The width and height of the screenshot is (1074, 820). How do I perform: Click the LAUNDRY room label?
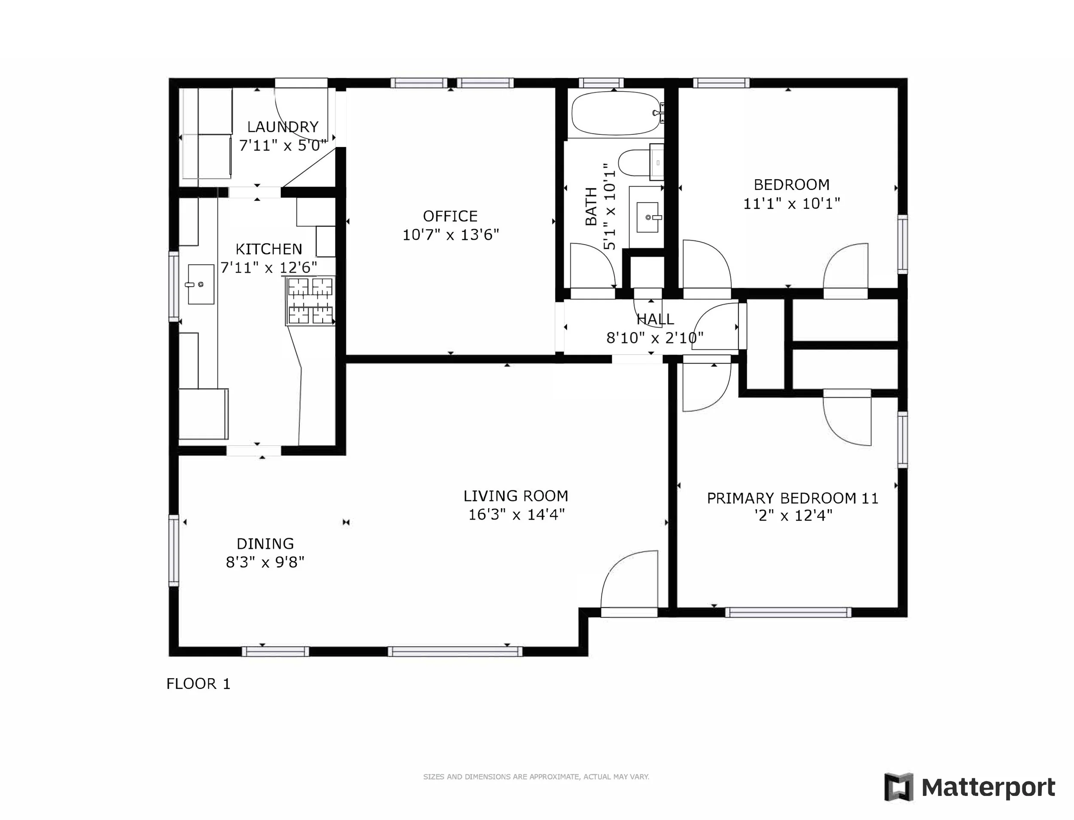coord(283,127)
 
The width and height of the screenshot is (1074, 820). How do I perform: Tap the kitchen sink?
coord(201,285)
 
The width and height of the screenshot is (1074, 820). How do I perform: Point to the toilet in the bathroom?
coord(635,162)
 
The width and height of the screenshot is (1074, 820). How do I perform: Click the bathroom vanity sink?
coord(647,217)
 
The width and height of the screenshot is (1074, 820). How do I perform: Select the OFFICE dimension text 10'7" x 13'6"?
coord(450,235)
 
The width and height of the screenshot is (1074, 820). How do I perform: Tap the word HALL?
coord(655,319)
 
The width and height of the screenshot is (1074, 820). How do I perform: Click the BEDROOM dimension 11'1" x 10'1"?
coord(791,204)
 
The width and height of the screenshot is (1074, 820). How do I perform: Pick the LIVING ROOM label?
coord(516,496)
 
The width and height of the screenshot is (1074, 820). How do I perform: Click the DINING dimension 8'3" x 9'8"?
coord(265,562)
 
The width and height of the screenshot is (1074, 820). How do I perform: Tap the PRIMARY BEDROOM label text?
coord(792,499)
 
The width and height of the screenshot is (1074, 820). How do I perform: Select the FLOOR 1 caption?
coord(198,684)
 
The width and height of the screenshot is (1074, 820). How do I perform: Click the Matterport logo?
coord(970,787)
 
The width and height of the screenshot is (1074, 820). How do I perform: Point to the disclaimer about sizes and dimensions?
coord(536,777)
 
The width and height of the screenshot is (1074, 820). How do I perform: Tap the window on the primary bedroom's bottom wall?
coord(787,612)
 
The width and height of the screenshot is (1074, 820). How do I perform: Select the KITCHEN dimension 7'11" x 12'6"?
coord(269,267)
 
